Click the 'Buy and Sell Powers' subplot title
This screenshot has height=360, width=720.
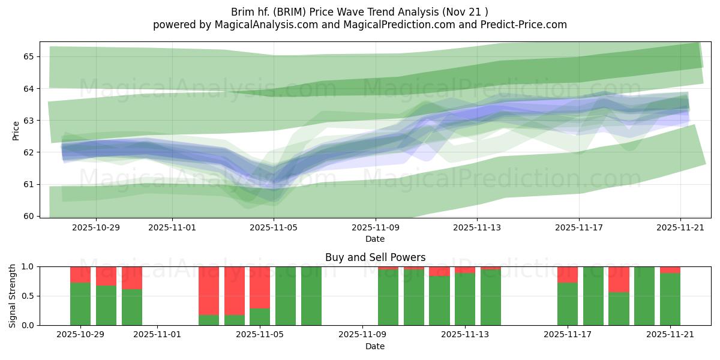click(375, 257)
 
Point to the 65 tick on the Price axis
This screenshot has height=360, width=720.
click(29, 56)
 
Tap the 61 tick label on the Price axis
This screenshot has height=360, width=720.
click(29, 184)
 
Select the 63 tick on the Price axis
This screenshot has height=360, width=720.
click(29, 121)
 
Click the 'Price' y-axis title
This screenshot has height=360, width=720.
click(16, 130)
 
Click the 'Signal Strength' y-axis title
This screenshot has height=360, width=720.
click(13, 296)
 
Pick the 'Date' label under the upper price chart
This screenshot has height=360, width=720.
click(375, 239)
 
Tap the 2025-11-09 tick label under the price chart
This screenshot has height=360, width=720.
click(376, 227)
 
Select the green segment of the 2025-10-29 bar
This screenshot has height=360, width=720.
click(80, 304)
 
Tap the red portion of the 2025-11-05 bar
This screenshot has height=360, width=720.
click(260, 287)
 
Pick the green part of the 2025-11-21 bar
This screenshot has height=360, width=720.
click(670, 299)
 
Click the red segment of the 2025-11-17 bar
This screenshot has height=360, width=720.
click(568, 274)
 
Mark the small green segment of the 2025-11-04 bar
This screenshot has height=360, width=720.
click(235, 320)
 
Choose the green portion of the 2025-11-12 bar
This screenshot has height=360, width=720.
click(439, 301)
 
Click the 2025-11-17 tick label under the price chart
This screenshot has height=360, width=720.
click(579, 227)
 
